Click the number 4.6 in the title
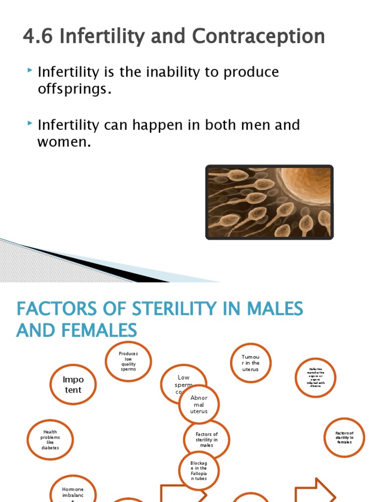coord(38,37)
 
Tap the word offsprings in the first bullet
coord(71,90)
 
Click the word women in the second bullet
coord(63,143)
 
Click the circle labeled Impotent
coord(73,385)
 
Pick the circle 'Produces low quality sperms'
coord(128,361)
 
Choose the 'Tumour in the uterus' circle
coord(250,363)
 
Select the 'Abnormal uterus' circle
coord(199,404)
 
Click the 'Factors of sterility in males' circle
coord(207,439)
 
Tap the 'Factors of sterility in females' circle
coord(344,438)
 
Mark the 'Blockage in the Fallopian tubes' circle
coord(199,471)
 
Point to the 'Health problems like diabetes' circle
coord(50,440)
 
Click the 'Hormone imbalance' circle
coord(73,490)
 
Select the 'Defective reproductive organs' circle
coord(316,377)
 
